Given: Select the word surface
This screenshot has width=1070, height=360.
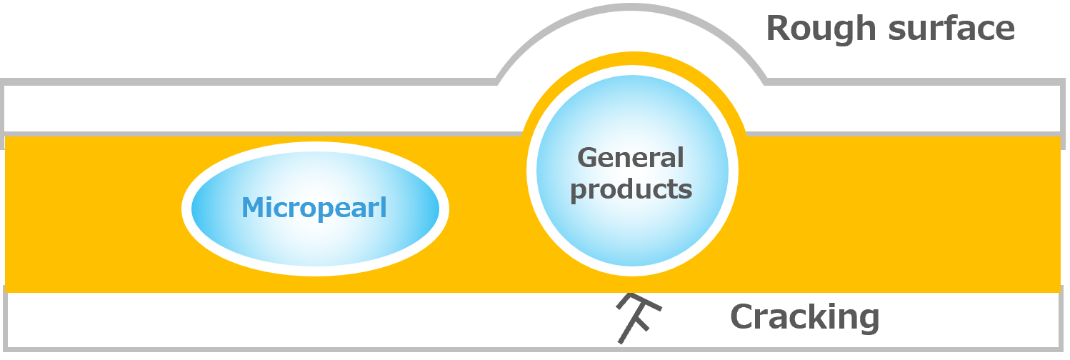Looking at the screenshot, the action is (x=951, y=28).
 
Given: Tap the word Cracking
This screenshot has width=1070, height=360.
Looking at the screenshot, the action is (x=805, y=318).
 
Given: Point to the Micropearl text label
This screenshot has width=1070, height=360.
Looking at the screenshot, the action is (x=314, y=209).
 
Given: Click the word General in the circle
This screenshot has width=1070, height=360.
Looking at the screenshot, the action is (x=631, y=158).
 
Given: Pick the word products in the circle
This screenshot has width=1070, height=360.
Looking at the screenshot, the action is (x=631, y=190).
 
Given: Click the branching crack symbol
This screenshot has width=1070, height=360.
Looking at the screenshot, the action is (x=638, y=318).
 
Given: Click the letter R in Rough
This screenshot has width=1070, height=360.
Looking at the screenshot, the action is (x=778, y=28).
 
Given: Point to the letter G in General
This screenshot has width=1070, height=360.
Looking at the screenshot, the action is (x=589, y=158).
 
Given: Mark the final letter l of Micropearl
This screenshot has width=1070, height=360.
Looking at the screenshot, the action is (x=384, y=207).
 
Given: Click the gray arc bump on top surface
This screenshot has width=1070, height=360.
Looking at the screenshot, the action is (x=631, y=6).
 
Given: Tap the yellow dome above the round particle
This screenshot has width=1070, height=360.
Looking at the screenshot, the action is (x=634, y=58).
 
